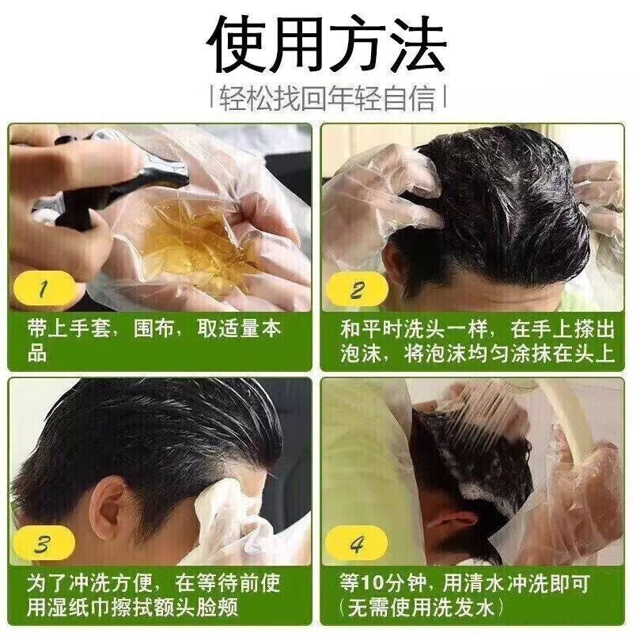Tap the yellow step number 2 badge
pos(358,290)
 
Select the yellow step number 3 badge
pos(43,544)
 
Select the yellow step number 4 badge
pos(358,544)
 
